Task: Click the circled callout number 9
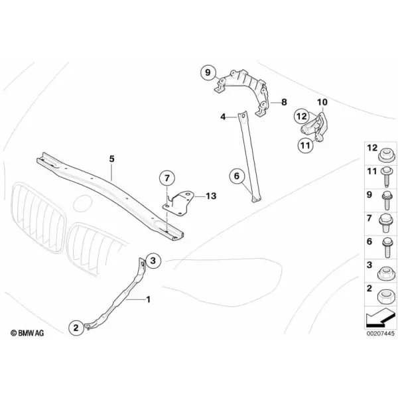click(208, 72)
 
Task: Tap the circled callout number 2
click(76, 328)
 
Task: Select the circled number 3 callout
click(153, 261)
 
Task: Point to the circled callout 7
click(167, 178)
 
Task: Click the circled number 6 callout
click(237, 176)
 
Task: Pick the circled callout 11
click(305, 145)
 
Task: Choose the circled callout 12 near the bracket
click(302, 117)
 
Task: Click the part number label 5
click(112, 159)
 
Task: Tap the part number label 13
click(211, 196)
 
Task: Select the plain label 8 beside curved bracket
click(284, 102)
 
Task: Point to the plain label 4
click(223, 117)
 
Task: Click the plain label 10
click(322, 102)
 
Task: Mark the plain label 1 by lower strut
click(148, 300)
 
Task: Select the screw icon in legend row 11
click(387, 177)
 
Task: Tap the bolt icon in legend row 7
click(386, 223)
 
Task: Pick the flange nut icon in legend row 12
click(386, 155)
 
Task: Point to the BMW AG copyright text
click(27, 333)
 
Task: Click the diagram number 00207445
click(380, 333)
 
